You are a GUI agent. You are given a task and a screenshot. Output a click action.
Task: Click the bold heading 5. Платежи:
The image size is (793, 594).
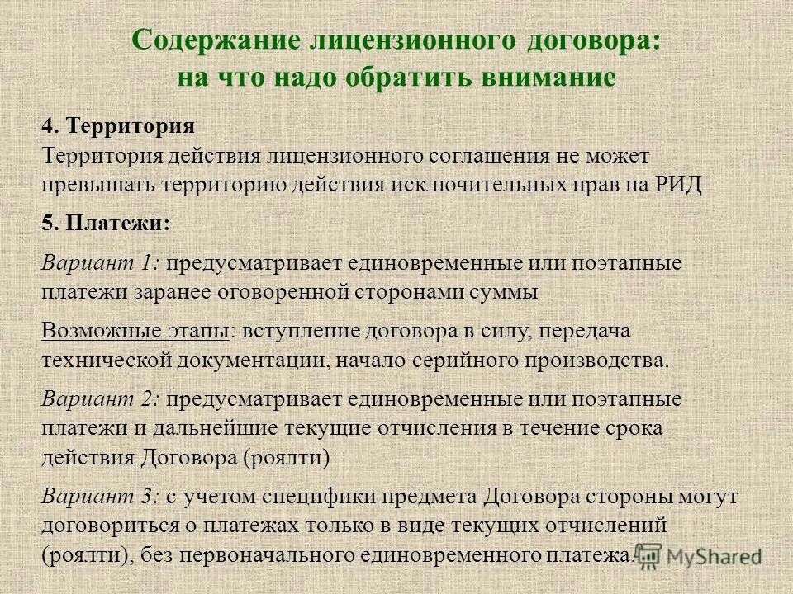106,224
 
